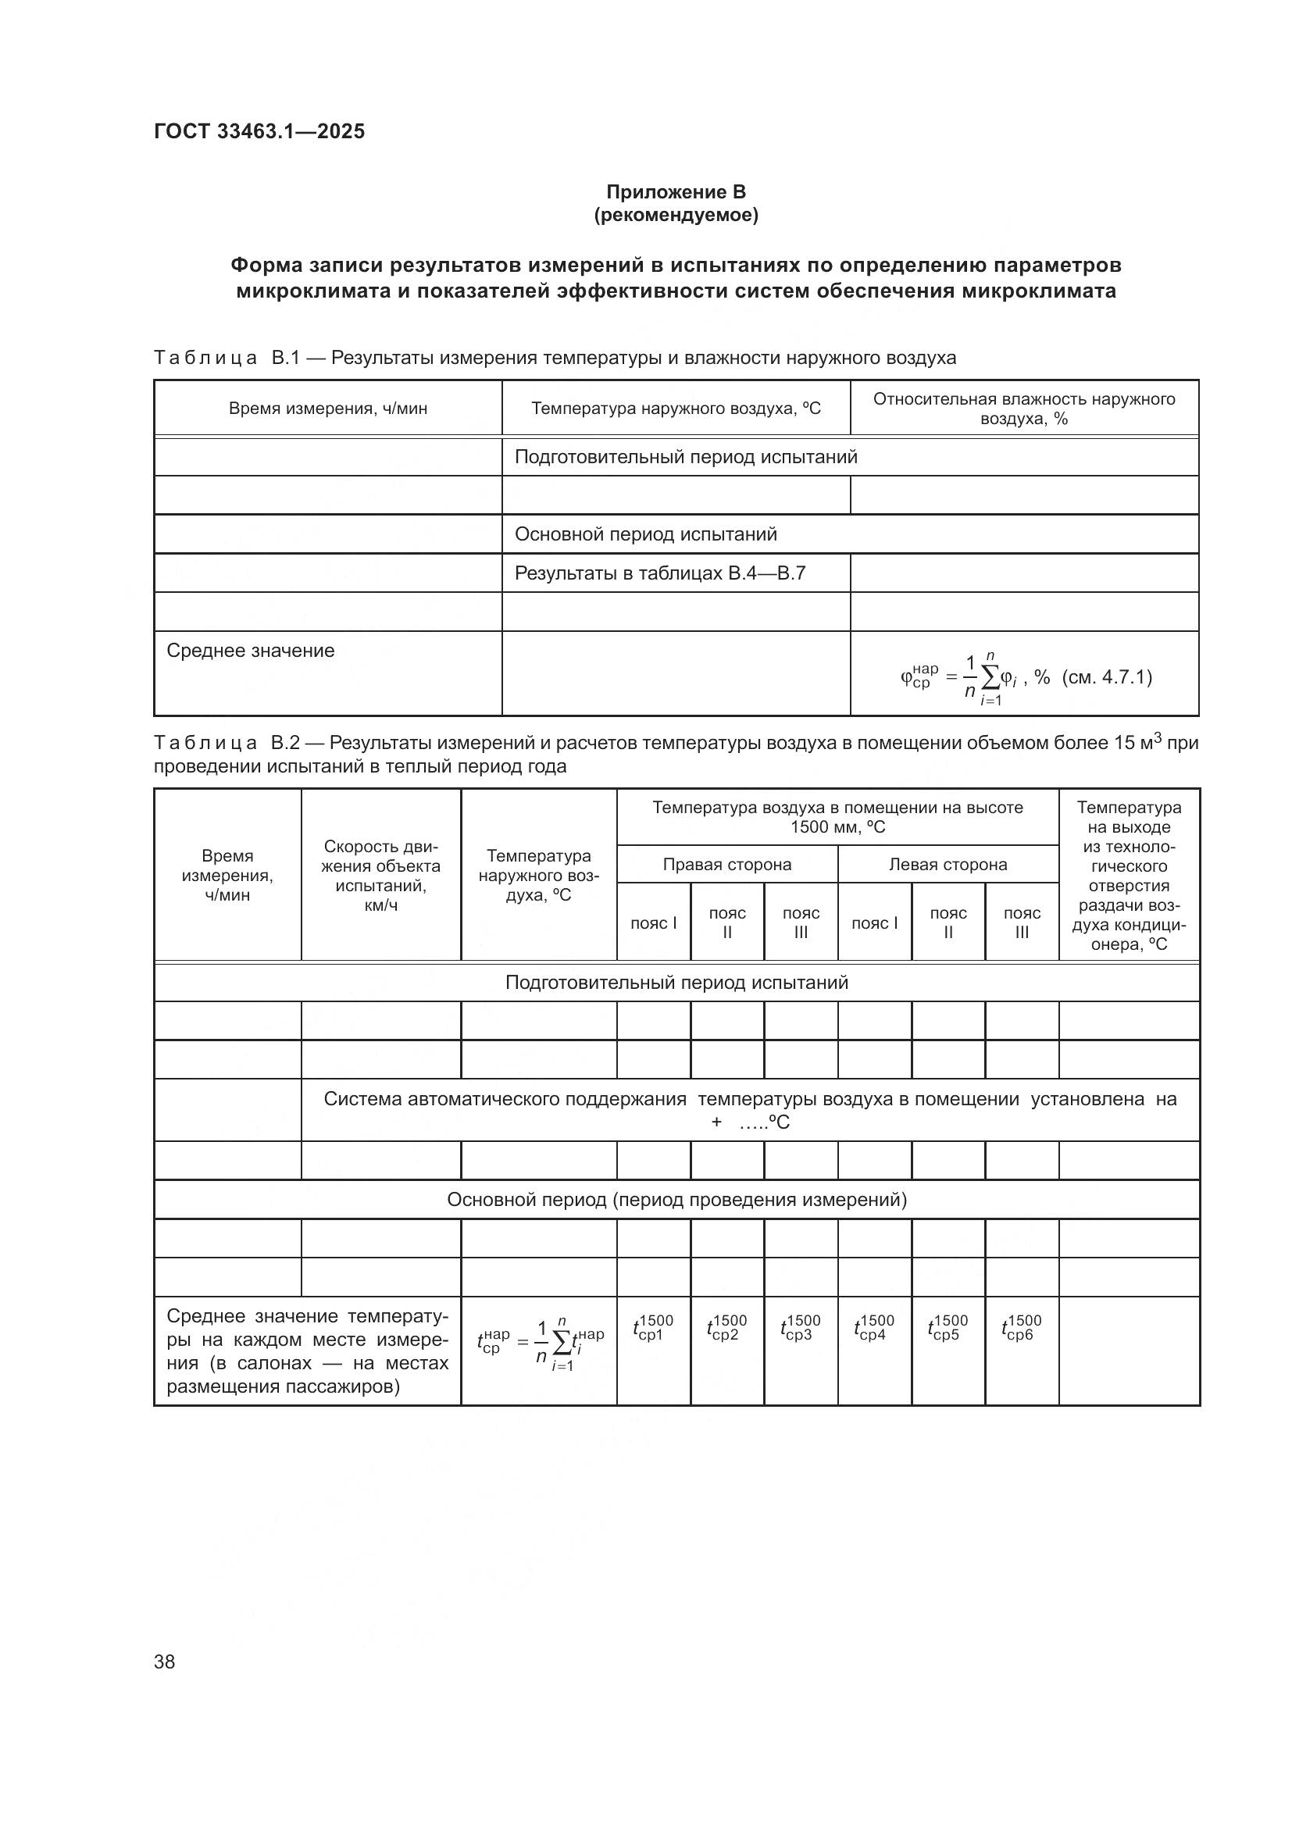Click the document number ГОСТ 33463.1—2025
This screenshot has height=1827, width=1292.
(x=259, y=131)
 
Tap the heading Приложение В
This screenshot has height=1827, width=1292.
(x=676, y=192)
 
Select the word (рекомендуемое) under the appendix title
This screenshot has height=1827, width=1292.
(x=676, y=216)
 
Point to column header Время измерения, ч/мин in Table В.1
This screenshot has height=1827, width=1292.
(x=328, y=409)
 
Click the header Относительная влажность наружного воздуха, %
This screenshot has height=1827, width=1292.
(x=1024, y=409)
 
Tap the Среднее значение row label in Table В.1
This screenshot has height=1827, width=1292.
(x=251, y=651)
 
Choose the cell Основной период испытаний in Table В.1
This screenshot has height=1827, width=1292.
(x=645, y=534)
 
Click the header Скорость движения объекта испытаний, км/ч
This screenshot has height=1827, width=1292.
(x=380, y=876)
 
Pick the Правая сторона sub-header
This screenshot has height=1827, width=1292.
(x=726, y=865)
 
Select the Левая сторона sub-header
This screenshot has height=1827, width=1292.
(x=948, y=865)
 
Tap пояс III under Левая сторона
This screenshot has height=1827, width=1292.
(x=1022, y=923)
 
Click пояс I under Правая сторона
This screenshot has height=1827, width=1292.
(x=653, y=923)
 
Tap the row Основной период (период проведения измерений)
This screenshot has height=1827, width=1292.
(x=676, y=1200)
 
